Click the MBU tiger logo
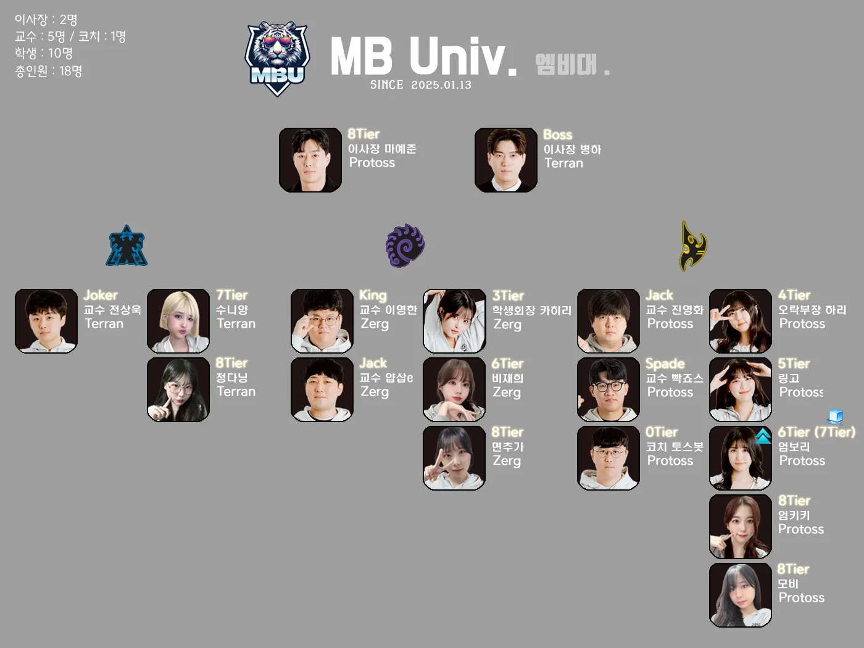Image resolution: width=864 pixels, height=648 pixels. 277,59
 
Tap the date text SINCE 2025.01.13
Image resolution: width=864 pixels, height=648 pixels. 421,85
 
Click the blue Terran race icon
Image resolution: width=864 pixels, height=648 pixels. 127,246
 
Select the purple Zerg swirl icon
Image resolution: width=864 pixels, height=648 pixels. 405,245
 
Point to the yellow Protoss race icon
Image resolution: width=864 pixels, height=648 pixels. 693,246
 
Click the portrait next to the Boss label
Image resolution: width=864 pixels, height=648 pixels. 505,160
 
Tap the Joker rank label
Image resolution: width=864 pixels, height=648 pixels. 101,295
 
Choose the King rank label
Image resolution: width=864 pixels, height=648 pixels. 373,295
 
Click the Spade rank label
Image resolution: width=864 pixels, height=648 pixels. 665,363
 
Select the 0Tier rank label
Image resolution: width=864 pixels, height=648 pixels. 662,432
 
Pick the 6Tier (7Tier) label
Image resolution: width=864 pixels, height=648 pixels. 816,432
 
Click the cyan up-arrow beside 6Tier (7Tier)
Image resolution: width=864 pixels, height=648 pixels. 763,436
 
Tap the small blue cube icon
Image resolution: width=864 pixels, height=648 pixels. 836,417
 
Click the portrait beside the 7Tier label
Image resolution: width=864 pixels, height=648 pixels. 178,321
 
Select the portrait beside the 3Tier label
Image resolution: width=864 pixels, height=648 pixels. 454,321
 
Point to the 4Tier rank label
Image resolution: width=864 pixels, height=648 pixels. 794,295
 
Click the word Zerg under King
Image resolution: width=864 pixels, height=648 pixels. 375,323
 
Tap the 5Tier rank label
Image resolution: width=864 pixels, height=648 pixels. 794,363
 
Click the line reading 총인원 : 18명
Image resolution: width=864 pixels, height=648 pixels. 48,71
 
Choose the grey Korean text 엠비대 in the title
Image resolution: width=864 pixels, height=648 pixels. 566,64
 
